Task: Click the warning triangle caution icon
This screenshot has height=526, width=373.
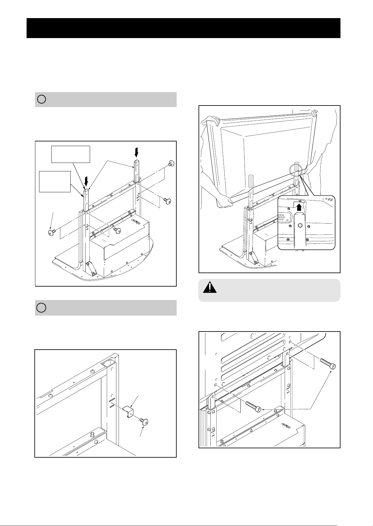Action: coord(210,287)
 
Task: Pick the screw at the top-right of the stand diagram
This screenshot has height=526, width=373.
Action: coord(171,163)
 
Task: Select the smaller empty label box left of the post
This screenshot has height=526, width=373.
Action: coord(55,182)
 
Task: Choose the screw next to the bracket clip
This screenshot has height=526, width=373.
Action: coord(144,421)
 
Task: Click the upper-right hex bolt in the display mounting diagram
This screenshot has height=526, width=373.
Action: coord(329,364)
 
